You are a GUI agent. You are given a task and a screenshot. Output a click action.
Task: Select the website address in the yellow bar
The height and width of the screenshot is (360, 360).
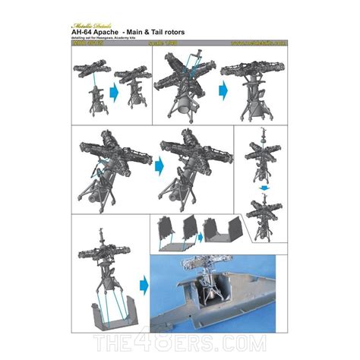point(258,44)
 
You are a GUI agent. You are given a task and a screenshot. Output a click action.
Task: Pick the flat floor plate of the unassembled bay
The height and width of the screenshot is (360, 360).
point(172,243)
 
